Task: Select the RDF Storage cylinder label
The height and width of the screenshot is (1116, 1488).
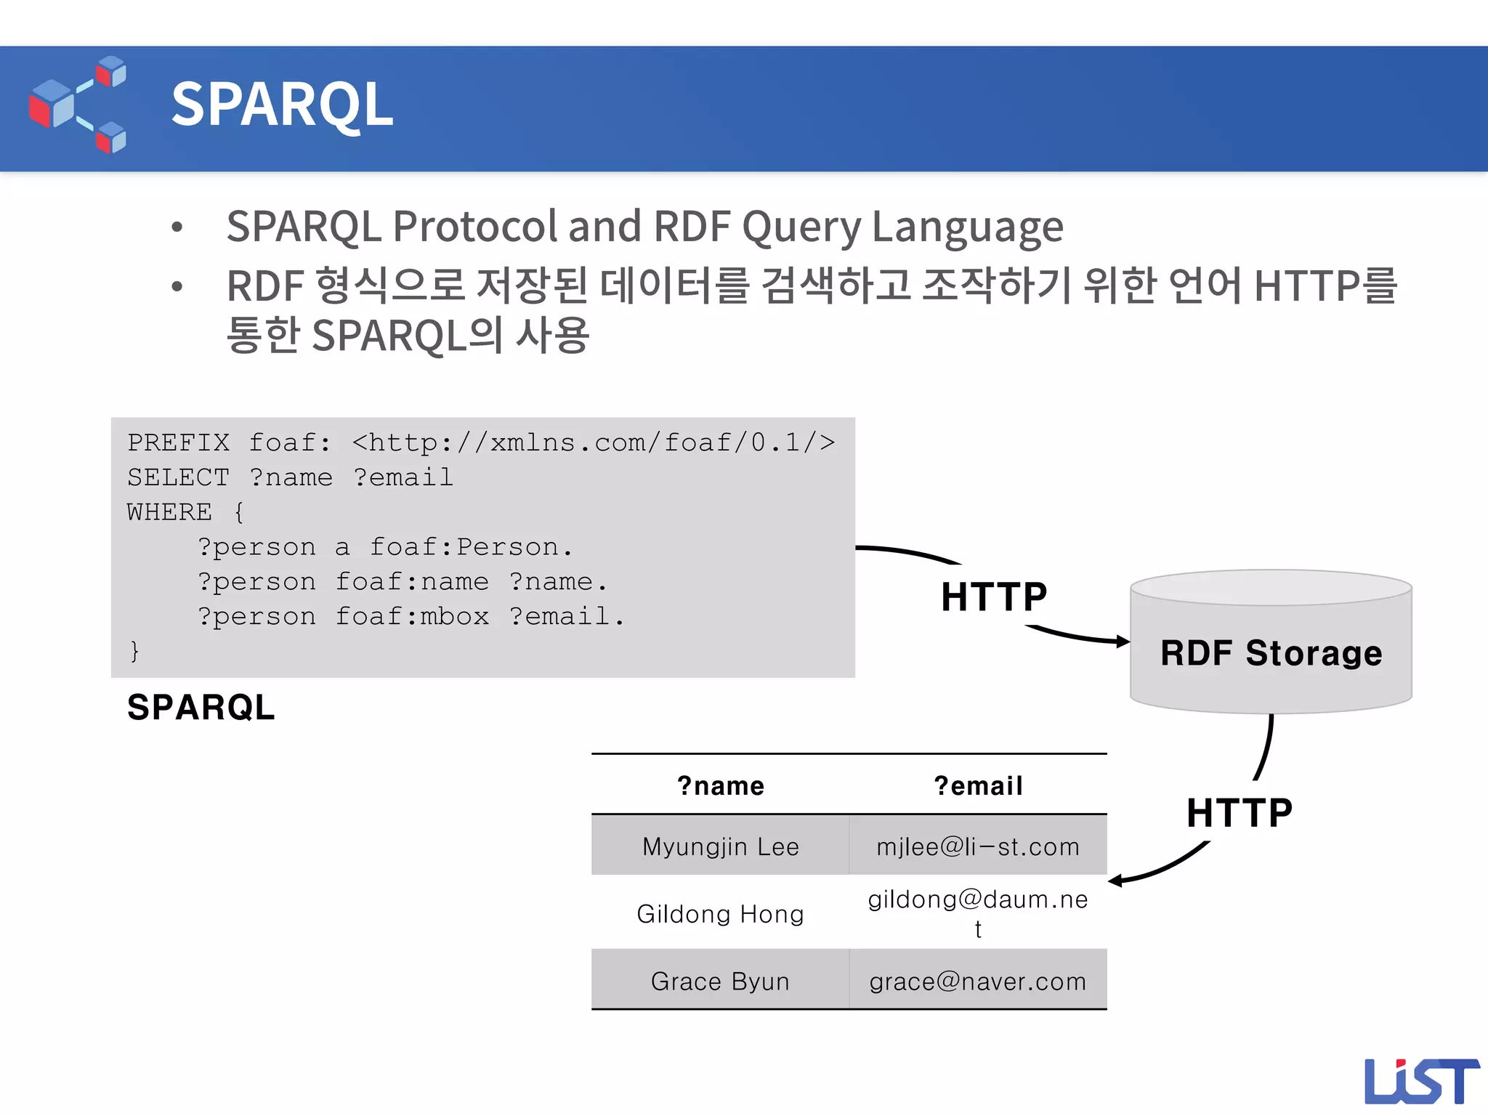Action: tap(1271, 652)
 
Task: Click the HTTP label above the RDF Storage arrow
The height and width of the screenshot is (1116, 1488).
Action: tap(993, 597)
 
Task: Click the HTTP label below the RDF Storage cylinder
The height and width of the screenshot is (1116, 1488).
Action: tap(1240, 812)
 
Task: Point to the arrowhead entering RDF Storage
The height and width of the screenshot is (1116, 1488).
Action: tap(1123, 641)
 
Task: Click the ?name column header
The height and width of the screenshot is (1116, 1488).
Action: tap(720, 786)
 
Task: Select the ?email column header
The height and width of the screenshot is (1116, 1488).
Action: tap(978, 786)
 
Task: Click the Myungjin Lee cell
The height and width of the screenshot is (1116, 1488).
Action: tap(720, 846)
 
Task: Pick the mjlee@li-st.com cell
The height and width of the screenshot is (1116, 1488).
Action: tap(978, 846)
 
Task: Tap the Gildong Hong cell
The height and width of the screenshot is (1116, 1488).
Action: tap(720, 913)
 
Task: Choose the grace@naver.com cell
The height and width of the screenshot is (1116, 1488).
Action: tap(978, 981)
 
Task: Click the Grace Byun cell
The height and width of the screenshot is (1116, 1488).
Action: tap(720, 981)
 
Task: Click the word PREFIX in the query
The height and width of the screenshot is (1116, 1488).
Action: tap(178, 442)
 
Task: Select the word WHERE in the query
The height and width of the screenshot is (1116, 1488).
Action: tap(169, 512)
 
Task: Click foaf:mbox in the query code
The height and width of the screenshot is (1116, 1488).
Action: tap(412, 617)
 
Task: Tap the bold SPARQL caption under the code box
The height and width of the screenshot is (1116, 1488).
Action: tap(201, 707)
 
